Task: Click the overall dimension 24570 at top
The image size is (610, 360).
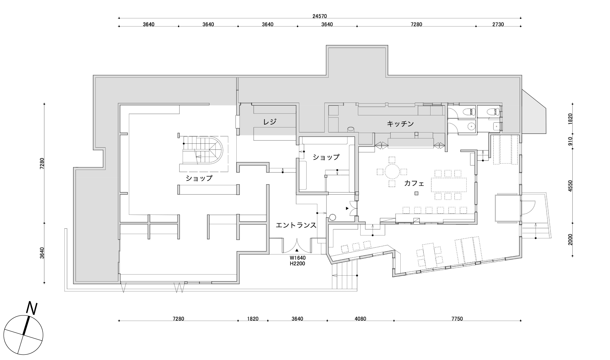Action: (x=319, y=16)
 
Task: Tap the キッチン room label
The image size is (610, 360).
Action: (x=400, y=124)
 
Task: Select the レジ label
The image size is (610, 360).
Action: (x=270, y=122)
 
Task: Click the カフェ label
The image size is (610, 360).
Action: (x=414, y=183)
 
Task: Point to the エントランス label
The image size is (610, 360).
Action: (x=296, y=225)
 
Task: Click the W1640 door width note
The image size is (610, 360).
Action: (x=298, y=258)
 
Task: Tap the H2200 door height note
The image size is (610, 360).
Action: (x=297, y=264)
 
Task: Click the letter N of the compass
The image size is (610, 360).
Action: (x=32, y=308)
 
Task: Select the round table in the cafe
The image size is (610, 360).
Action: (x=392, y=172)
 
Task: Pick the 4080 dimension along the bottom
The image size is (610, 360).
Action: (x=360, y=319)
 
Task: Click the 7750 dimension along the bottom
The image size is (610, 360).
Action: (x=457, y=319)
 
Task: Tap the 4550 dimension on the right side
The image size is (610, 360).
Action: (x=570, y=186)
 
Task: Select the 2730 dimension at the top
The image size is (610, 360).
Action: (x=498, y=24)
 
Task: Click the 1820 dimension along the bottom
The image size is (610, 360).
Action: (x=253, y=319)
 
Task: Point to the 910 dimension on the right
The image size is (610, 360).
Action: (x=570, y=141)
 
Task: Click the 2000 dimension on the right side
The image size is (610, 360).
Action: (x=570, y=239)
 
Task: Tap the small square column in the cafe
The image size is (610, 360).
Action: (x=416, y=194)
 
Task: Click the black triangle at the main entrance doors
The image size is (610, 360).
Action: (x=297, y=250)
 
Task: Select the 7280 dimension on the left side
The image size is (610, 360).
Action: (x=42, y=163)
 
